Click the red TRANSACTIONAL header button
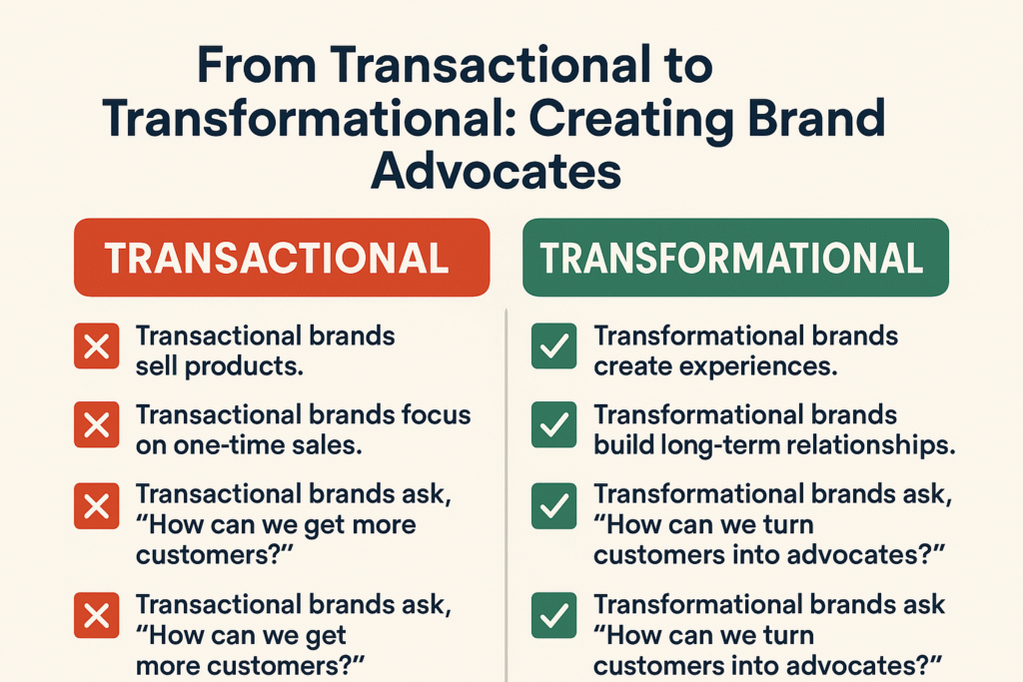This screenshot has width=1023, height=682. click(x=281, y=258)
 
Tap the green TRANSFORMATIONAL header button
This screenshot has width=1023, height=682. click(x=735, y=258)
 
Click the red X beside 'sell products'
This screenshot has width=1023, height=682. click(x=97, y=348)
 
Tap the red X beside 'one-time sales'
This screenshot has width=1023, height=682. click(x=97, y=427)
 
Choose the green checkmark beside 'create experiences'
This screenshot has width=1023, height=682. click(x=553, y=348)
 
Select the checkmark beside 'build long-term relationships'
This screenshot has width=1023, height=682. click(x=553, y=427)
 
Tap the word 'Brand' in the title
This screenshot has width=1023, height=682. click(x=807, y=119)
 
